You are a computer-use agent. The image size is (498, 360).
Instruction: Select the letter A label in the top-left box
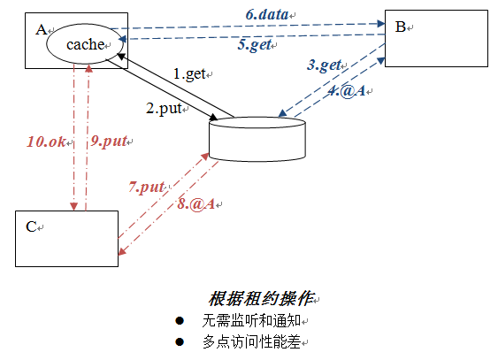pyautogui.click(x=40, y=29)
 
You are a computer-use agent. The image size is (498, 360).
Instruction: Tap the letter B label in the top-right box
pyautogui.click(x=400, y=27)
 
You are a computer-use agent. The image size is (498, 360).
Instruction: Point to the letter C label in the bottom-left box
pyautogui.click(x=30, y=226)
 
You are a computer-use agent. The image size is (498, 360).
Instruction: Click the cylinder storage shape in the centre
pyautogui.click(x=257, y=137)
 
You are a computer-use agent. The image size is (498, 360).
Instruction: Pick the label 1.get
pyautogui.click(x=188, y=74)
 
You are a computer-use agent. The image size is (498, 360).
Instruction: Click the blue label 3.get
pyautogui.click(x=325, y=65)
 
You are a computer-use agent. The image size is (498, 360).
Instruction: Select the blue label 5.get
pyautogui.click(x=254, y=45)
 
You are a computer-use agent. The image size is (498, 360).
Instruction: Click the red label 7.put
pyautogui.click(x=147, y=187)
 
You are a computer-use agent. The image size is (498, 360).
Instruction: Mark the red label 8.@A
pyautogui.click(x=195, y=204)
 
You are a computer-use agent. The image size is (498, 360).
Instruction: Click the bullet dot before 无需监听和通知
pyautogui.click(x=180, y=320)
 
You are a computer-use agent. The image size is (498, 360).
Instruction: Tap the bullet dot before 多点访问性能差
pyautogui.click(x=180, y=341)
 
